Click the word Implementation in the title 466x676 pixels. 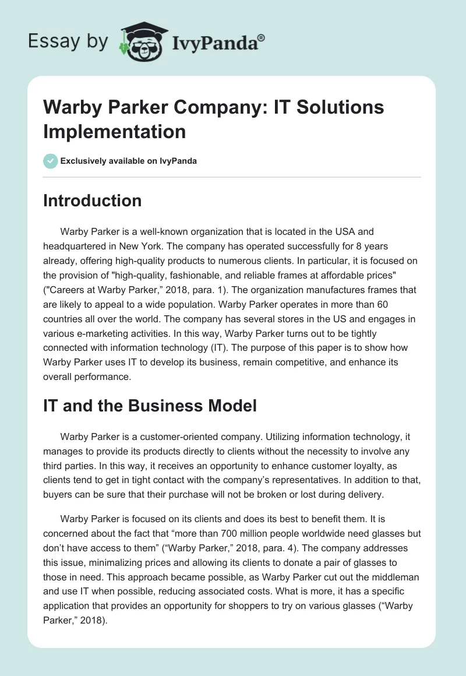[115, 131]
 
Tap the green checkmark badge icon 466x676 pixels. [51, 161]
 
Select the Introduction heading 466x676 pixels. [92, 200]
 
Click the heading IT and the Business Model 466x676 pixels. [150, 406]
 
